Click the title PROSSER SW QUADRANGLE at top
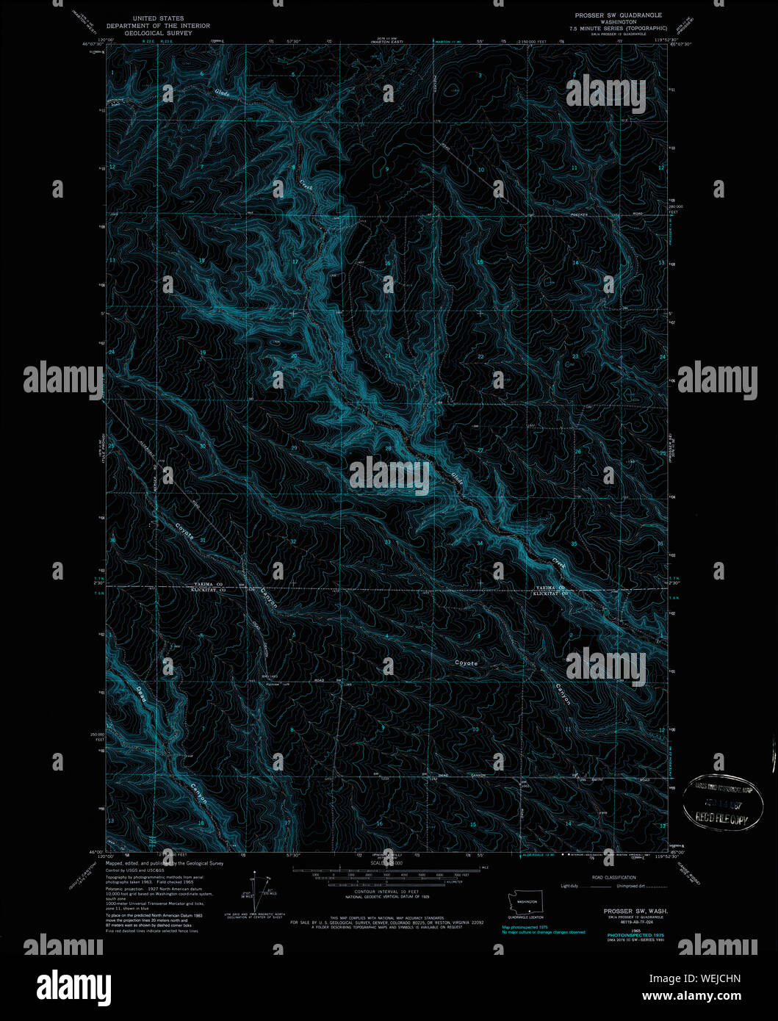click(x=619, y=15)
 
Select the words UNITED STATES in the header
click(x=159, y=18)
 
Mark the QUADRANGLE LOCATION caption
click(x=527, y=917)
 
